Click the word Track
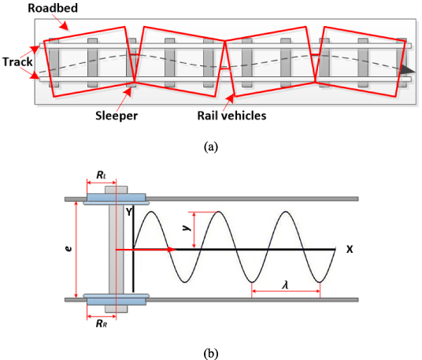coord(17,61)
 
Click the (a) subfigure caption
coord(210,146)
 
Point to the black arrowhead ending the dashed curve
coord(408,70)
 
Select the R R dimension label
coord(100,323)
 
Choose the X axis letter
coord(347,248)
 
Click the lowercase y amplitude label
coord(186,226)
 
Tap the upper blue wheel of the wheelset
coord(115,199)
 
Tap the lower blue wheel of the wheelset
coord(115,299)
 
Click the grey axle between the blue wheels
coord(115,249)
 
